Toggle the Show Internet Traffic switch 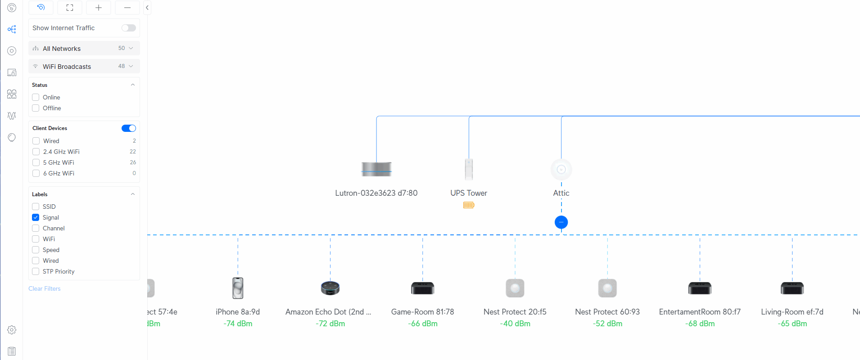click(x=128, y=28)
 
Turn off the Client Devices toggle click(x=128, y=128)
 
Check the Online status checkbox click(x=36, y=97)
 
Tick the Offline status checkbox click(x=36, y=108)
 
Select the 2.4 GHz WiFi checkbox click(x=36, y=152)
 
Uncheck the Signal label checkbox click(x=36, y=217)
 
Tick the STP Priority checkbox click(x=36, y=271)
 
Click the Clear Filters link click(x=45, y=288)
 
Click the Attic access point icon click(x=561, y=170)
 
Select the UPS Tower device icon click(x=469, y=169)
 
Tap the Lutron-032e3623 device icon click(x=376, y=169)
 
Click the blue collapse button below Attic click(x=561, y=222)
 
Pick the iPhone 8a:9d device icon click(x=238, y=288)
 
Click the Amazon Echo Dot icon click(x=330, y=288)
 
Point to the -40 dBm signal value click(x=515, y=324)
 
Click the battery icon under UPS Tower click(x=469, y=205)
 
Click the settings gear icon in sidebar click(x=12, y=330)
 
